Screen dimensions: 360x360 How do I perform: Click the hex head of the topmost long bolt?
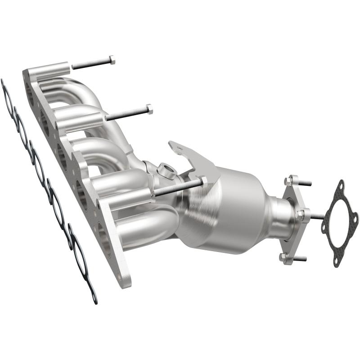pyautogui.click(x=112, y=60)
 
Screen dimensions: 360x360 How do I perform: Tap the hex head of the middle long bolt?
pyautogui.click(x=149, y=109)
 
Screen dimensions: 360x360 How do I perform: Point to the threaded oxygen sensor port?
pyautogui.click(x=167, y=170)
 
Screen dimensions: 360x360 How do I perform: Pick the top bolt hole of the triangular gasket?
pyautogui.click(x=341, y=185)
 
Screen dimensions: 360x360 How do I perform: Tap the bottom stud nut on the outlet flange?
pyautogui.click(x=283, y=257)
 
